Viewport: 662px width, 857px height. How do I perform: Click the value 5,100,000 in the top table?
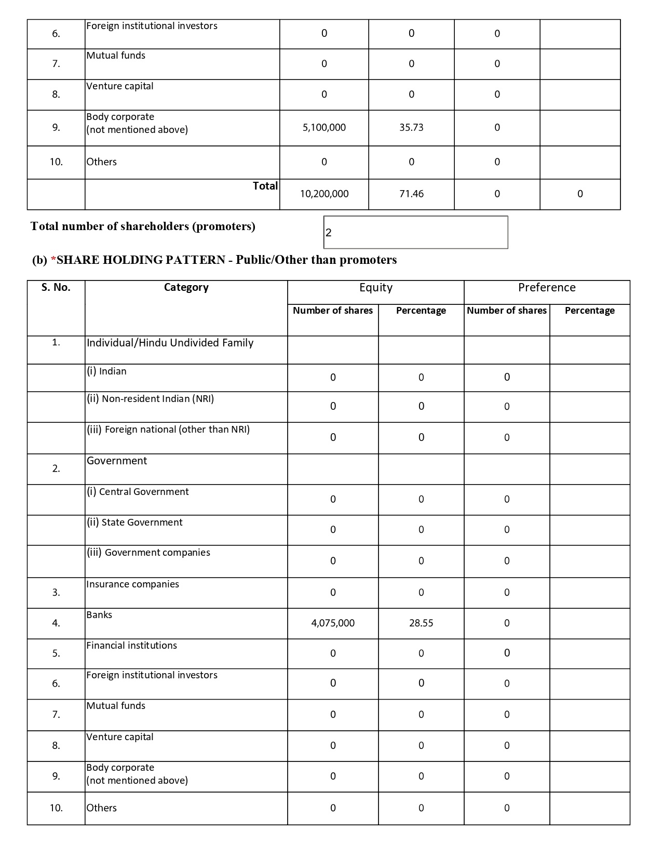tap(324, 128)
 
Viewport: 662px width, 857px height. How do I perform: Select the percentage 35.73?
tap(411, 128)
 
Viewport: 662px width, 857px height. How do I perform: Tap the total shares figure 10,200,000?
tap(324, 194)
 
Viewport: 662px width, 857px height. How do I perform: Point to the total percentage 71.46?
tap(411, 194)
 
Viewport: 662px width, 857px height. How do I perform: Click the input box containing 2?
tap(415, 233)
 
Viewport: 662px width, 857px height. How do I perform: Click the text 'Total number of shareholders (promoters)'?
tap(143, 226)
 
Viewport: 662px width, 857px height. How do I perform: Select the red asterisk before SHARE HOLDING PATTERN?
tap(53, 260)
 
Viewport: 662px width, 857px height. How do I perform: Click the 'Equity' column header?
tap(375, 288)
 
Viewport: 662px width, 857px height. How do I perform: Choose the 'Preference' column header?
tap(547, 288)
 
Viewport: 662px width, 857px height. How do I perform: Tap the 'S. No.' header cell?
tap(56, 288)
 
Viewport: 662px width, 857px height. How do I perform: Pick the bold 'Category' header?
tap(186, 288)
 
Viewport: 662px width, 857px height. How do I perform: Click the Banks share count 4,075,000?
tap(333, 623)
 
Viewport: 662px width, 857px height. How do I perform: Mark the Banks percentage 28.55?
tap(421, 623)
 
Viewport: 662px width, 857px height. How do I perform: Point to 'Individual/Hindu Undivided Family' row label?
tap(170, 343)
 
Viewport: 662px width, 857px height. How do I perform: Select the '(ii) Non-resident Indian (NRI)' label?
tap(150, 399)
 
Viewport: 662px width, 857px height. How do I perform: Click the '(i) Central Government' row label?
tap(138, 492)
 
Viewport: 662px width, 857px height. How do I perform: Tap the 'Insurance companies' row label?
tap(132, 584)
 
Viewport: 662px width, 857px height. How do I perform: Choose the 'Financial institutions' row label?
tap(131, 646)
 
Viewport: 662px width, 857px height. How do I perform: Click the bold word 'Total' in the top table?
tap(265, 186)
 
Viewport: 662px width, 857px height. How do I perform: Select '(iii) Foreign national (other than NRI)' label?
tap(168, 430)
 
